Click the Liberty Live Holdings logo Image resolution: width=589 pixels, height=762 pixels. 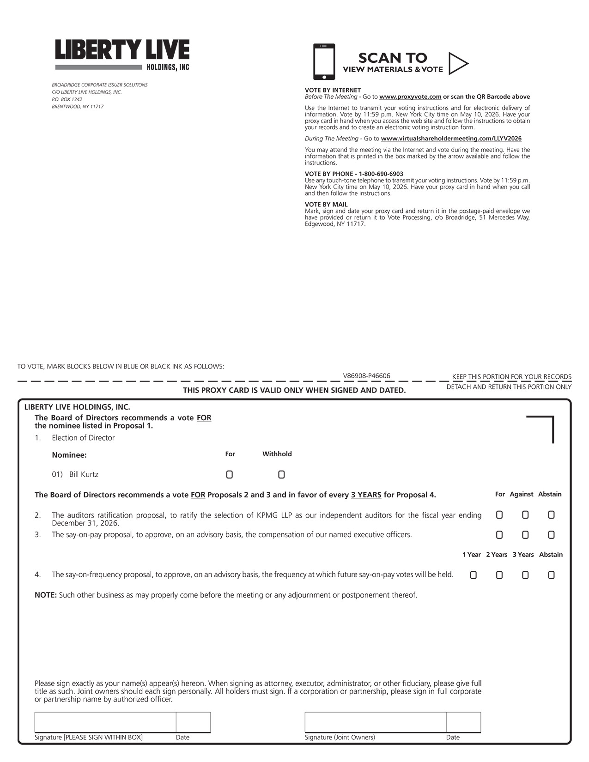coord(122,54)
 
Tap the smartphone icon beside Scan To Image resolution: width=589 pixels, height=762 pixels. coord(324,62)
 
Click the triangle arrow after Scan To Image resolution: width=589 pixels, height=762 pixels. coord(457,63)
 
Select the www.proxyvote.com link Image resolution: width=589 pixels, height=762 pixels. coord(410,97)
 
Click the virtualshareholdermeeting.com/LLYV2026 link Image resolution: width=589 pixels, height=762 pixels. coord(451,139)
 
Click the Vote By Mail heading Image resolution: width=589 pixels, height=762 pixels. coord(326,205)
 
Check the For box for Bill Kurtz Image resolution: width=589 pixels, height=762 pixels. coord(230,475)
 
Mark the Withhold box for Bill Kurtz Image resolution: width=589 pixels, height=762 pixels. coord(281,475)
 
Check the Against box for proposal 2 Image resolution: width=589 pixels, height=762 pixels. coord(525,515)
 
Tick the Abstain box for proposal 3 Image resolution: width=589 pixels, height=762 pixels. coord(551,535)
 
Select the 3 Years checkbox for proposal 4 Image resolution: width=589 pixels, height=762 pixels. coord(525,575)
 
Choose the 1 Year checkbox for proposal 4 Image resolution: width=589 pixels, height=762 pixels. coord(473,575)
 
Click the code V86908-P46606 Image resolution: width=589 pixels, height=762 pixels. coord(366,376)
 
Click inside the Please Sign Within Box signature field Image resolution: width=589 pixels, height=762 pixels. coord(105,722)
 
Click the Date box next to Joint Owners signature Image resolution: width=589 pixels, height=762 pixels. coord(463,722)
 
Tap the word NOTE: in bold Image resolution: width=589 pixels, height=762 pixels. coord(45,595)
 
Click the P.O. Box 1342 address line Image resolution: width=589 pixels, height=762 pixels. coord(67,99)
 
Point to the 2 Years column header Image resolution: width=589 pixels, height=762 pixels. coord(497,555)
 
